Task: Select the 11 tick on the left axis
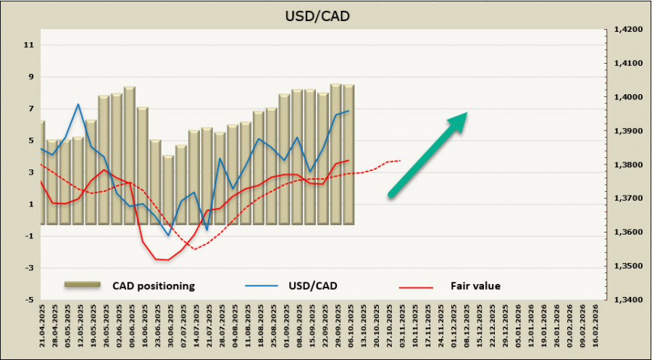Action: tap(29, 45)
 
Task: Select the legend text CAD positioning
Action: tap(154, 285)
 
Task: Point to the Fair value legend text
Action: tap(475, 285)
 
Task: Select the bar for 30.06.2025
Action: tap(168, 190)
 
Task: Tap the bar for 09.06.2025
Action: tap(129, 156)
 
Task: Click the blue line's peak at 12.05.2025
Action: tap(78, 104)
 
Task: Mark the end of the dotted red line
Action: tap(401, 160)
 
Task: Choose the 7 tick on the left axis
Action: tap(30, 109)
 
